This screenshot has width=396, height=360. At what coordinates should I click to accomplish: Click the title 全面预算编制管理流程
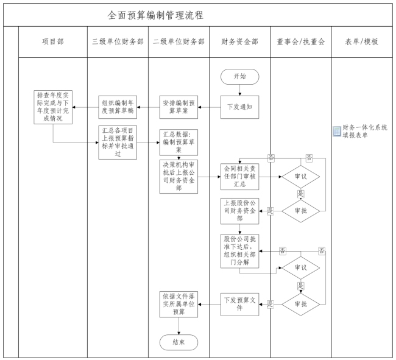pyautogui.click(x=155, y=14)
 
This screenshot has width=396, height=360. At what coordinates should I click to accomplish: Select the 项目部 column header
pyautogui.click(x=52, y=42)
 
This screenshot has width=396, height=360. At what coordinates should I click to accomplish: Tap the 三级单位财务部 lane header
pyautogui.click(x=118, y=42)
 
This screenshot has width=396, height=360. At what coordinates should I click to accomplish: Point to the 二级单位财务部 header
pyautogui.click(x=179, y=42)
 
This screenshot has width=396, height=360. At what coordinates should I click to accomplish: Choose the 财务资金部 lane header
pyautogui.click(x=239, y=42)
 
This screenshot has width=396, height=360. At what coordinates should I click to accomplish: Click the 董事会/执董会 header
pyautogui.click(x=300, y=42)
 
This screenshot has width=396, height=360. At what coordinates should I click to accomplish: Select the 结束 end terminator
pyautogui.click(x=179, y=342)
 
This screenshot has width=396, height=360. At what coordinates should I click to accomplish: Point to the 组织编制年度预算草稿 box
pyautogui.click(x=118, y=107)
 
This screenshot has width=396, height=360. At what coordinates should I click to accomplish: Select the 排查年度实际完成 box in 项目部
pyautogui.click(x=52, y=107)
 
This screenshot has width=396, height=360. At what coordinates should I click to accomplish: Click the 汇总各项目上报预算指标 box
pyautogui.click(x=118, y=141)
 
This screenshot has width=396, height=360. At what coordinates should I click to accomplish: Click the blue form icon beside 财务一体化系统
pyautogui.click(x=337, y=132)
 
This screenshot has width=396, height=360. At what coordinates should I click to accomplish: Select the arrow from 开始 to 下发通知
pyautogui.click(x=239, y=90)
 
